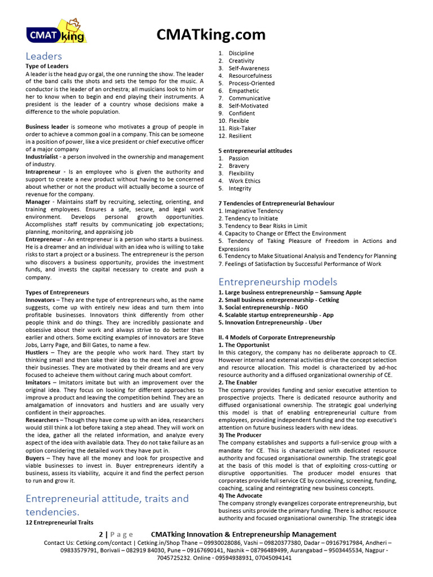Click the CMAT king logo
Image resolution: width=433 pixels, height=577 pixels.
pyautogui.click(x=56, y=32)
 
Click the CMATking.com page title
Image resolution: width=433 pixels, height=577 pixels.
pyautogui.click(x=211, y=34)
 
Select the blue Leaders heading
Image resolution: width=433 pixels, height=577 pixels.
pyautogui.click(x=43, y=56)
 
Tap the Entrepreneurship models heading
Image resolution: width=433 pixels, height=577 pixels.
pyautogui.click(x=278, y=282)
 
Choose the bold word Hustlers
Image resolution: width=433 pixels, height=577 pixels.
pyautogui.click(x=37, y=352)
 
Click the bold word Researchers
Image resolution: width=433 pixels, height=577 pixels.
pyautogui.click(x=42, y=420)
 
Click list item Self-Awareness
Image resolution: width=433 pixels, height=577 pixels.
pyautogui.click(x=249, y=68)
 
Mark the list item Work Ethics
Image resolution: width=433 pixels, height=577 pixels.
pyautogui.click(x=244, y=181)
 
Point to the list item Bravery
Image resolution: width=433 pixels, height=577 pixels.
pyautogui.click(x=238, y=166)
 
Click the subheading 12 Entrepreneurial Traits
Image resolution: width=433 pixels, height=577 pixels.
pyautogui.click(x=59, y=522)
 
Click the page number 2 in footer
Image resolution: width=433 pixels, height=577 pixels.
pyautogui.click(x=100, y=534)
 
